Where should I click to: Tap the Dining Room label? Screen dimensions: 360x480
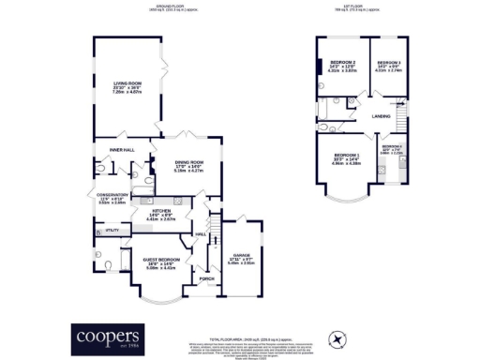click(x=189, y=163)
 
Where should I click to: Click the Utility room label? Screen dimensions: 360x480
click(x=112, y=229)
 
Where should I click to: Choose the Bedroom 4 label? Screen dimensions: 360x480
click(x=392, y=147)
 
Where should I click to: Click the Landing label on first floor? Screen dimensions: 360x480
click(x=382, y=116)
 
